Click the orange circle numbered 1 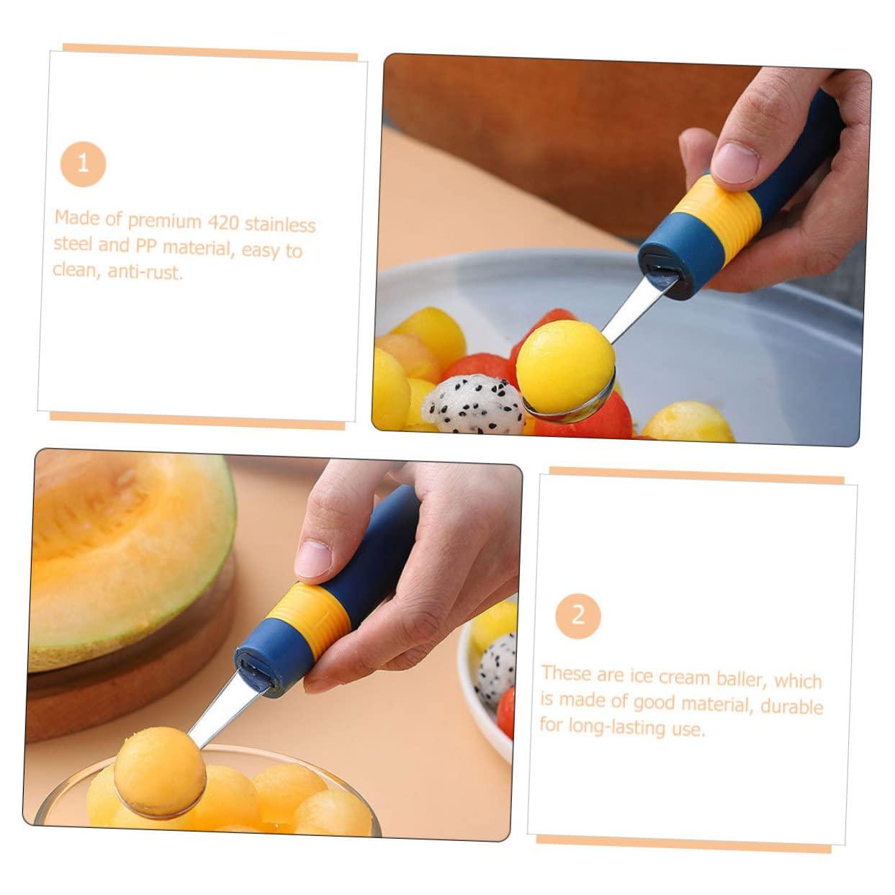[x=83, y=164]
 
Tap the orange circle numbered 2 [x=577, y=616]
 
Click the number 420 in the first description [x=222, y=222]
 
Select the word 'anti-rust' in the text [x=145, y=271]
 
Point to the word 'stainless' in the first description [x=280, y=225]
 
